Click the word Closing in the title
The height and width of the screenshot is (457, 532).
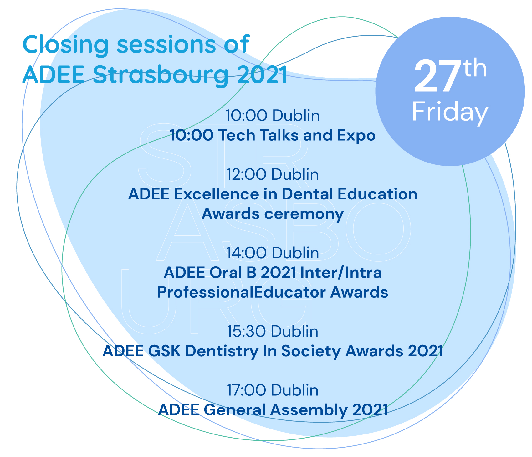65,45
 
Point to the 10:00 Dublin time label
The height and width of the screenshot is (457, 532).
273,116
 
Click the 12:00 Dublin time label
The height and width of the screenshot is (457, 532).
273,174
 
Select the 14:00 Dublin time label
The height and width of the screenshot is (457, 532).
273,253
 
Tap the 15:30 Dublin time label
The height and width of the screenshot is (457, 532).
273,331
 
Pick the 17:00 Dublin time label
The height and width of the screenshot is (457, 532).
273,390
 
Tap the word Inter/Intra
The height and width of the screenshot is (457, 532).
341,273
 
